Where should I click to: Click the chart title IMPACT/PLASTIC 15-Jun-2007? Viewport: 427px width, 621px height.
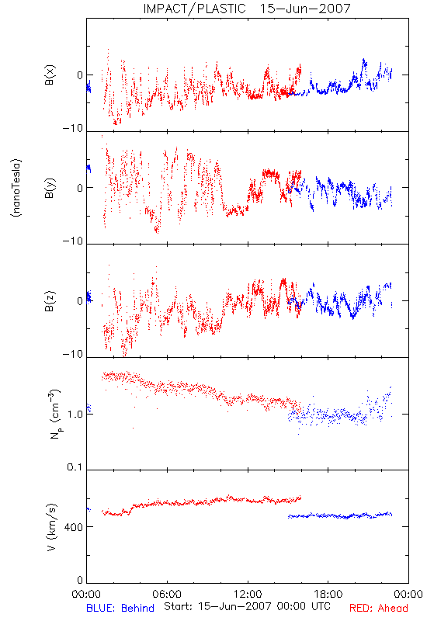pos(247,9)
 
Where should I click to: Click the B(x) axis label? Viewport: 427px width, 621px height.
pos(50,75)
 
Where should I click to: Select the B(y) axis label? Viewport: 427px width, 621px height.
pos(50,188)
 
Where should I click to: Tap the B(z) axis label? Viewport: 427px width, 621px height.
pos(50,301)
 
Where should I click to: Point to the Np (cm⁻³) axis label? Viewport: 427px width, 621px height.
pos(55,414)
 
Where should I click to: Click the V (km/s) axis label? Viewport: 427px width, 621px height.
pos(52,527)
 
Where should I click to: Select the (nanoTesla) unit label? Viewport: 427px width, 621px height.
pos(16,188)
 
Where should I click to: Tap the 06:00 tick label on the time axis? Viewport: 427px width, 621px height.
pos(167,594)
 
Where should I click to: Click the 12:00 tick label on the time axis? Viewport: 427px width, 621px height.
pos(248,594)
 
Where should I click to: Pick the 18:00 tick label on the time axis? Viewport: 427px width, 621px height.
pos(328,594)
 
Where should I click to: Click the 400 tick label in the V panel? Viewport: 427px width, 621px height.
pos(74,527)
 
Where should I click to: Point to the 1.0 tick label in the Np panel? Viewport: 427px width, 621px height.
pos(75,415)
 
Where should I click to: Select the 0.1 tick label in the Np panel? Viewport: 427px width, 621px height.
pos(75,467)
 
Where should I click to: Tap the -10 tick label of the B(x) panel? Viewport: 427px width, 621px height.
pos(73,128)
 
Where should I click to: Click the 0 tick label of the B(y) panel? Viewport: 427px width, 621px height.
pos(80,188)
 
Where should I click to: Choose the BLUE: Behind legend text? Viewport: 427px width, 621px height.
pos(120,608)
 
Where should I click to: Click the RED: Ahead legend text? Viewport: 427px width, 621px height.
pos(378,608)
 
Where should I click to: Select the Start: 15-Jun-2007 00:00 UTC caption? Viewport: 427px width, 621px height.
pos(247,606)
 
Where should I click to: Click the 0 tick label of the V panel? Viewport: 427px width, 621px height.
pos(80,580)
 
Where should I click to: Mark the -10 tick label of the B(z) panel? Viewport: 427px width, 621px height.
pos(73,354)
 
